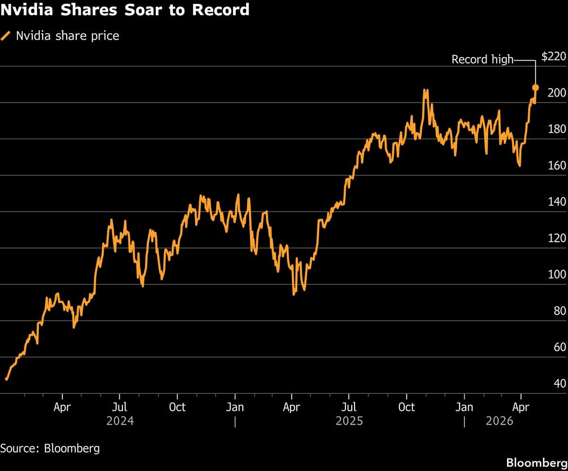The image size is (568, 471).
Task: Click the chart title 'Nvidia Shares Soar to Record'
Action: [125, 9]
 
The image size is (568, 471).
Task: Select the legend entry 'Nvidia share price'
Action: [67, 36]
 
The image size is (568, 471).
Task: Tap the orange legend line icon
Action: [7, 36]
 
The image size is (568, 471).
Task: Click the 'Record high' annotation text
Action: [482, 59]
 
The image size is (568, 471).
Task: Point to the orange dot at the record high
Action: [536, 87]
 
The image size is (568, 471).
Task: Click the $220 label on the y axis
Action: [553, 57]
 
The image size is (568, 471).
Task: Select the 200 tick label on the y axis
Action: [557, 93]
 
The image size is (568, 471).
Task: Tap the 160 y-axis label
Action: [557, 165]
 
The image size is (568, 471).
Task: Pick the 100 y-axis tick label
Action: [557, 274]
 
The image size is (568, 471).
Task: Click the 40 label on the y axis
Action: [559, 383]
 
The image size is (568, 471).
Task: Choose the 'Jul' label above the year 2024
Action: [120, 407]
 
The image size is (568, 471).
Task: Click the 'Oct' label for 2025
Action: [407, 407]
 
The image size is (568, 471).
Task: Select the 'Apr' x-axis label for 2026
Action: [521, 407]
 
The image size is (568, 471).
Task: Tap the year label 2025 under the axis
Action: [349, 421]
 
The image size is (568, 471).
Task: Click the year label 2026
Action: [499, 421]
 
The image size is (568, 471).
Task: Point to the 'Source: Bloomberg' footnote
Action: [50, 448]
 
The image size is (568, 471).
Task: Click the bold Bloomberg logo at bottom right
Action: [536, 462]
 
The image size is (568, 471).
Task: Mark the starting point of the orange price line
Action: [6, 379]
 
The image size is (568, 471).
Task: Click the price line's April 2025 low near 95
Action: [294, 294]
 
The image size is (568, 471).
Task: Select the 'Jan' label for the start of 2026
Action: [464, 407]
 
